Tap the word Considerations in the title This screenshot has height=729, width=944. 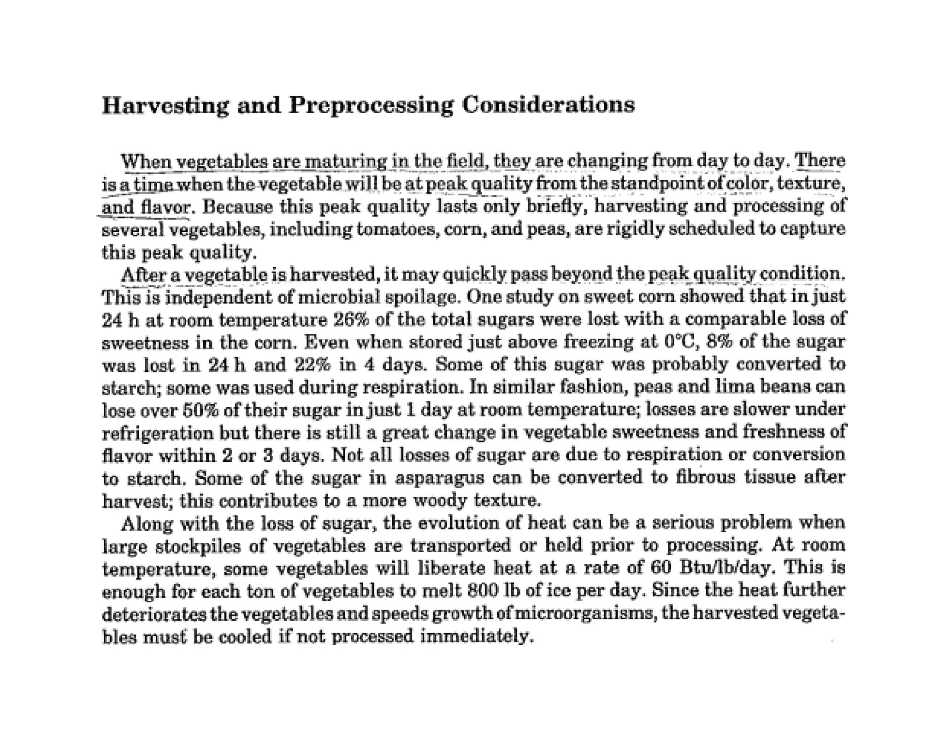(x=548, y=105)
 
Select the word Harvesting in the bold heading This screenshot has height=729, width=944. (x=165, y=106)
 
